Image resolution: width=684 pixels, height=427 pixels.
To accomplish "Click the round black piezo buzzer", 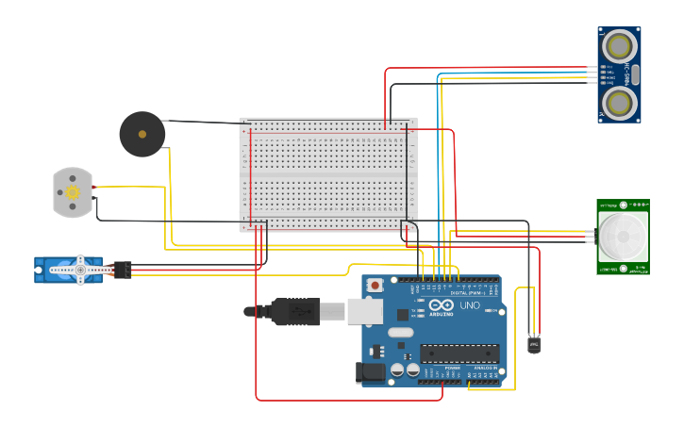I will pos(142,134).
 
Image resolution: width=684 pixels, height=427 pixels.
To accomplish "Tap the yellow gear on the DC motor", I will pos(73,191).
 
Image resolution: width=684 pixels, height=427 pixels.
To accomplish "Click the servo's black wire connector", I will pos(122,270).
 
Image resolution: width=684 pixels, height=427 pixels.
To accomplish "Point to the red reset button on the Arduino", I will pos(375,284).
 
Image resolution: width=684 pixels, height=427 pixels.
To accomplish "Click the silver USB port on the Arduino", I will pos(364,310).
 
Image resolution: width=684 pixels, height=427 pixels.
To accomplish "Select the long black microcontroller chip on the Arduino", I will pos(459,353).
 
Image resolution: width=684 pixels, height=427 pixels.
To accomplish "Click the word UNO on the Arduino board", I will pos(470,305).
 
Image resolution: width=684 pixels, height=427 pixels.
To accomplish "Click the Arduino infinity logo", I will pos(442,305).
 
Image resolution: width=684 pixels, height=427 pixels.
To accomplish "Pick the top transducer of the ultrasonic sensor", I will pos(619,45).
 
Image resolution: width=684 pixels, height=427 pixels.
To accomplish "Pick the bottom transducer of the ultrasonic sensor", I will pos(619,102).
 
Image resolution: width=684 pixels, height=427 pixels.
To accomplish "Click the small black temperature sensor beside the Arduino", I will pos(535,345).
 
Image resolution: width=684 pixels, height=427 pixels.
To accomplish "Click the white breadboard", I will pos(328,174).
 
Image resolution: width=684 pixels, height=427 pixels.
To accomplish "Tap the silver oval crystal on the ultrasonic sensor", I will pos(635,74).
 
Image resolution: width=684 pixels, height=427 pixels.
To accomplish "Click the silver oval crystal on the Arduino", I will pos(400,332).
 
